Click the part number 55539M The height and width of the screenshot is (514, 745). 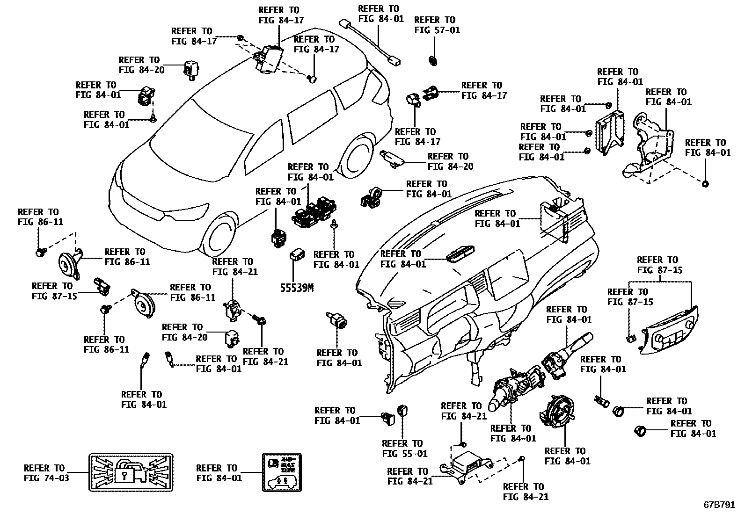297,288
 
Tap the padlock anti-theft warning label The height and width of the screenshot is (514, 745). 131,472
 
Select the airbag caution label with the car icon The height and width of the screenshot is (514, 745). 282,472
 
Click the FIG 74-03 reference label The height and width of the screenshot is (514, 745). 46,473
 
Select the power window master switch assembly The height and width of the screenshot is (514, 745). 314,213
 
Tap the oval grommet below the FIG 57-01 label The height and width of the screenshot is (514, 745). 432,60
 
